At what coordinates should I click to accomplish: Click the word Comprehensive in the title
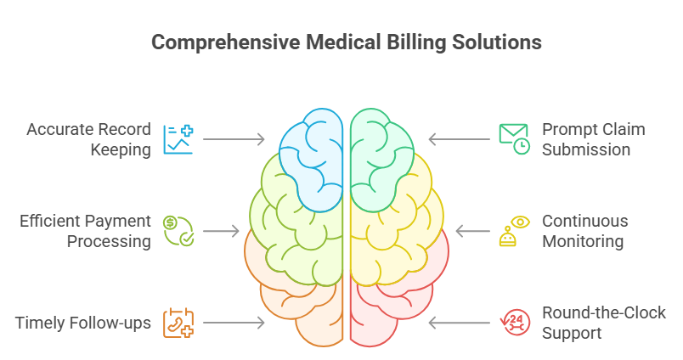point(217,42)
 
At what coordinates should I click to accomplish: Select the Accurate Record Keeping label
point(88,139)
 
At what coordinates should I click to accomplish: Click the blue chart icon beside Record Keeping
point(178,139)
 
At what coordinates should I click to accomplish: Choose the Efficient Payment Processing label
point(85,231)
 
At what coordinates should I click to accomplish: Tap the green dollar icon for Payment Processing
point(178,231)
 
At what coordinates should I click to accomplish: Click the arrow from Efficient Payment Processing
point(222,231)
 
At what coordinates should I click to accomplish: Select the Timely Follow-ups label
point(82,323)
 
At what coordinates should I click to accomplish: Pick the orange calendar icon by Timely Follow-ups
point(178,323)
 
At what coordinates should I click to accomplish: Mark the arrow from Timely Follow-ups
point(234,323)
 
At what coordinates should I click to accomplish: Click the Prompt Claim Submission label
point(593,139)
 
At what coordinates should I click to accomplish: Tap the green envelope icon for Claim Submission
point(514,139)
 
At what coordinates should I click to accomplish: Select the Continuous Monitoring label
point(584,231)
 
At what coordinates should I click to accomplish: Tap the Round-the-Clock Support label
point(603,323)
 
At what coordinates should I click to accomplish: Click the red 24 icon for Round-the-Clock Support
point(514,323)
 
